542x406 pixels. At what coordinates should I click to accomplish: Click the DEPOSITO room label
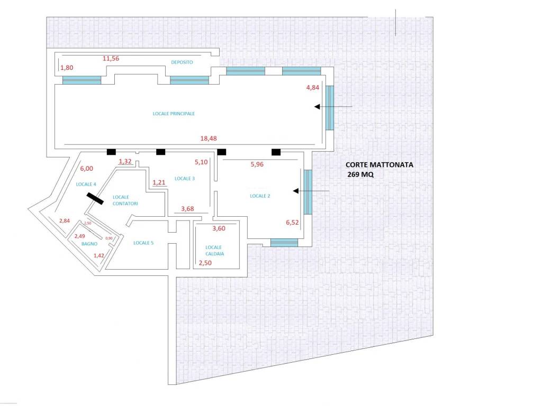(182, 62)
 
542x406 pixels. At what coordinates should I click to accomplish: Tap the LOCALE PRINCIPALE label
(174, 114)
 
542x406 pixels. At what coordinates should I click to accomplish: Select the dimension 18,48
(209, 139)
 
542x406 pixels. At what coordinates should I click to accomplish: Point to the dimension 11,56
(111, 59)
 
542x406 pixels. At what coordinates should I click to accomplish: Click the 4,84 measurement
(312, 88)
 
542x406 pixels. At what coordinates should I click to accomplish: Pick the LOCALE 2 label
(260, 196)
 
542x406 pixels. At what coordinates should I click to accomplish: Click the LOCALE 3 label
(185, 179)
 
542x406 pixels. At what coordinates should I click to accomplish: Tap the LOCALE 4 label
(86, 184)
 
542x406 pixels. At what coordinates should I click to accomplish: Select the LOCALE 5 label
(143, 243)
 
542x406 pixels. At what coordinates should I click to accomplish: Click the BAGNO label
(89, 244)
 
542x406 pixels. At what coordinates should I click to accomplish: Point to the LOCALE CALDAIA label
(214, 251)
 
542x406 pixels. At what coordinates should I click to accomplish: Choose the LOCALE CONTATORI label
(125, 200)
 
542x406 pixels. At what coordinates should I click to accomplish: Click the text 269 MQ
(360, 174)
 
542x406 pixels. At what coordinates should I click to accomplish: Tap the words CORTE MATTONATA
(379, 165)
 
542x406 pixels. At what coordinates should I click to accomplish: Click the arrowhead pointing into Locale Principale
(317, 107)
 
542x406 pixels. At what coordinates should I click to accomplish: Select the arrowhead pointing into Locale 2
(295, 191)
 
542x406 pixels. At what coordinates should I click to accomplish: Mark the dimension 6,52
(292, 223)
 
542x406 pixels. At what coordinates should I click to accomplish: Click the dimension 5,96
(257, 165)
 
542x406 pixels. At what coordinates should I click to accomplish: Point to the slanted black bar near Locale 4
(95, 199)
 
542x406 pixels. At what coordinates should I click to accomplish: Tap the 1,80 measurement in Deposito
(67, 68)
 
